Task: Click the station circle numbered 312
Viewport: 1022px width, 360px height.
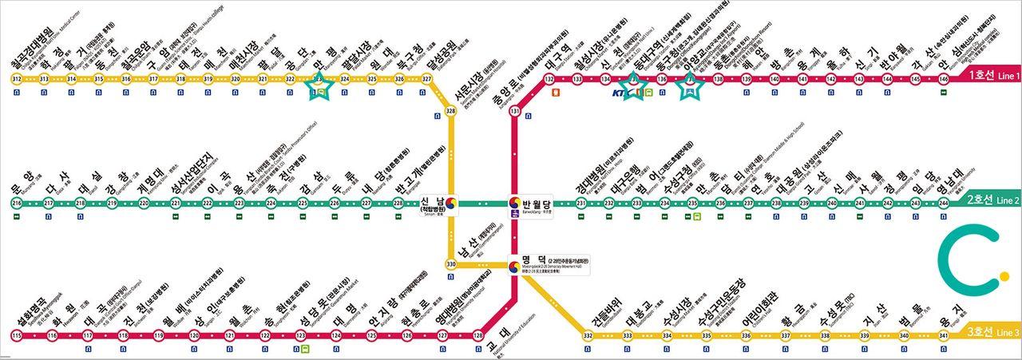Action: tap(17, 79)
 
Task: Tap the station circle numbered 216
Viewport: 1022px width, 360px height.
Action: tap(17, 204)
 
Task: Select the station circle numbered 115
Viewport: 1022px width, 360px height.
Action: tap(17, 335)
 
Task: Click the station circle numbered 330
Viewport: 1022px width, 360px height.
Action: tap(450, 264)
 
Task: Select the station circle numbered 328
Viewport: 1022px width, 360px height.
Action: tap(450, 111)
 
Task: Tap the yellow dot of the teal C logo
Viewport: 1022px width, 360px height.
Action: tap(991, 237)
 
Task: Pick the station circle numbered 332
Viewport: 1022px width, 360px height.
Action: tap(588, 335)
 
